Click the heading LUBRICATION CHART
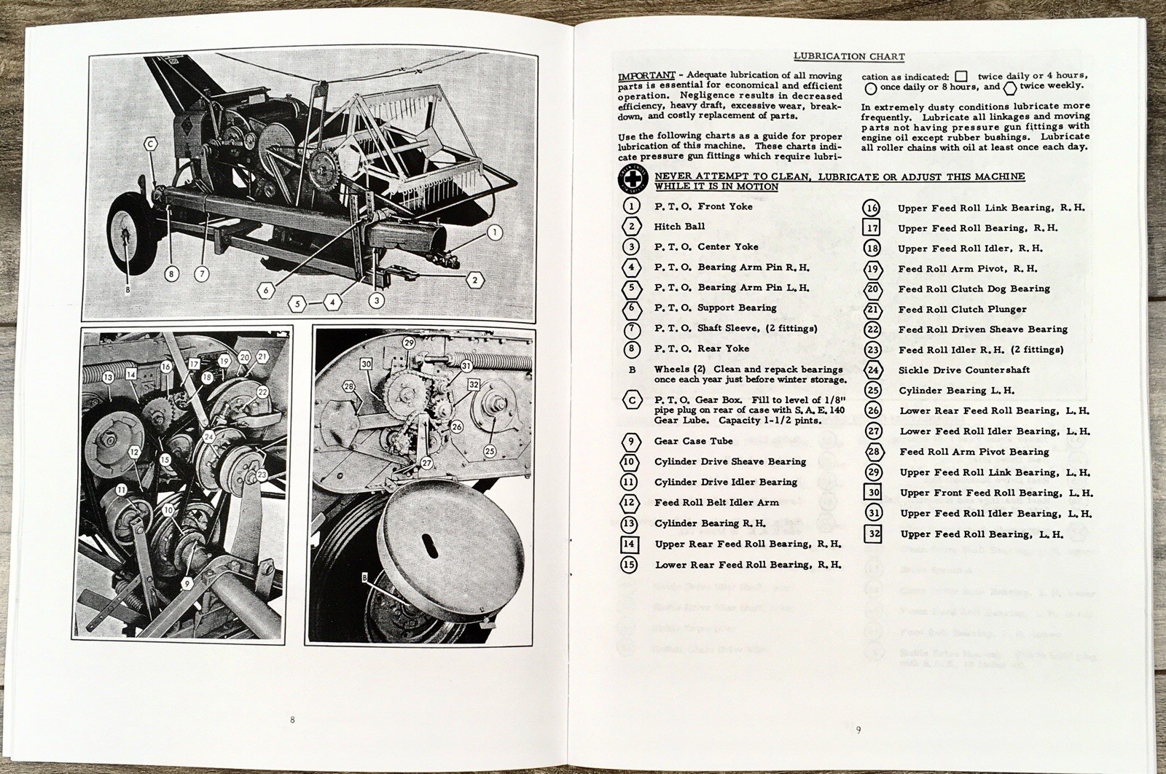click(848, 56)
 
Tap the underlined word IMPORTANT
click(640, 76)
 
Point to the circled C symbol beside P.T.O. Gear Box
click(631, 400)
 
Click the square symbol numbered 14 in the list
click(630, 544)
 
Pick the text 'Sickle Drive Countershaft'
click(963, 370)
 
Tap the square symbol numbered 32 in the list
click(874, 534)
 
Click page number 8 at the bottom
click(292, 720)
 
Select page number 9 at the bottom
click(858, 730)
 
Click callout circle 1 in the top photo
click(494, 233)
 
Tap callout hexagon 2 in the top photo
click(474, 279)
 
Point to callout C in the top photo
click(150, 144)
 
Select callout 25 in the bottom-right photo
click(490, 451)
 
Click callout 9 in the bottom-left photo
click(187, 583)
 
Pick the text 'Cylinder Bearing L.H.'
click(956, 391)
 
